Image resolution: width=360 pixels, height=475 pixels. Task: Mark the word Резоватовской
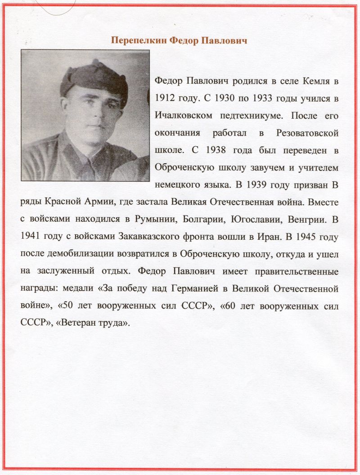[309, 133]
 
